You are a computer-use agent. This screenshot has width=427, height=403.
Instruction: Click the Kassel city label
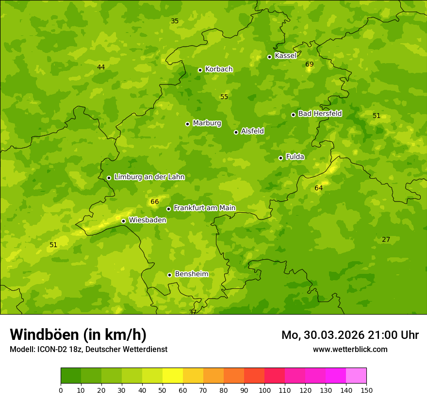click(285, 56)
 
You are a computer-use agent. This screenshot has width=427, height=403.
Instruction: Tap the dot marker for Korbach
click(200, 70)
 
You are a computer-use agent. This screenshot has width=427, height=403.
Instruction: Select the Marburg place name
click(207, 123)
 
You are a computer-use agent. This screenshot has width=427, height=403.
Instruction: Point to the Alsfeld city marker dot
click(236, 132)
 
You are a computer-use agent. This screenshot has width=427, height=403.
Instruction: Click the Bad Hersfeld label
click(320, 114)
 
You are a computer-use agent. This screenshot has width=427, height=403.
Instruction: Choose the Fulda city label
click(295, 157)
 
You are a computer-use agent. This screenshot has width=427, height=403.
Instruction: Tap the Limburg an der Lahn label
click(149, 177)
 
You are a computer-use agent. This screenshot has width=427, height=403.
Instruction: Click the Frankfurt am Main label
click(204, 208)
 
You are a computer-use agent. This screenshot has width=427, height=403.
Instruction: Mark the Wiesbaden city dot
click(123, 221)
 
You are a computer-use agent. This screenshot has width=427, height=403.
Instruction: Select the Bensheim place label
click(191, 274)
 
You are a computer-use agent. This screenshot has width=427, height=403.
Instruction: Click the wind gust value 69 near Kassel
click(310, 65)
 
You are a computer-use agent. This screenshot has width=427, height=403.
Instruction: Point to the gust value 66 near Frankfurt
click(155, 202)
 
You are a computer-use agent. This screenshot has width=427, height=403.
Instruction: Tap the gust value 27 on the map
click(386, 240)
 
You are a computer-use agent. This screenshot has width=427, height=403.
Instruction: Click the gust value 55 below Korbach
click(224, 97)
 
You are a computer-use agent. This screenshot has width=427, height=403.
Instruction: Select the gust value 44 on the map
click(101, 67)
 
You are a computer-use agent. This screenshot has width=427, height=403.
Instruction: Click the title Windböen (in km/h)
click(78, 335)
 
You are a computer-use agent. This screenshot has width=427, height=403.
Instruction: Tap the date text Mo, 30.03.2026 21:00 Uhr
click(350, 335)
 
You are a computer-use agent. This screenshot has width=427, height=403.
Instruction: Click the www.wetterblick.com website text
click(350, 349)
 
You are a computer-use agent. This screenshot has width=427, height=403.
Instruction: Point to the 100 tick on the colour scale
click(264, 390)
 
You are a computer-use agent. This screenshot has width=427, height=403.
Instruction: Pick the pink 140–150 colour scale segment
click(356, 375)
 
